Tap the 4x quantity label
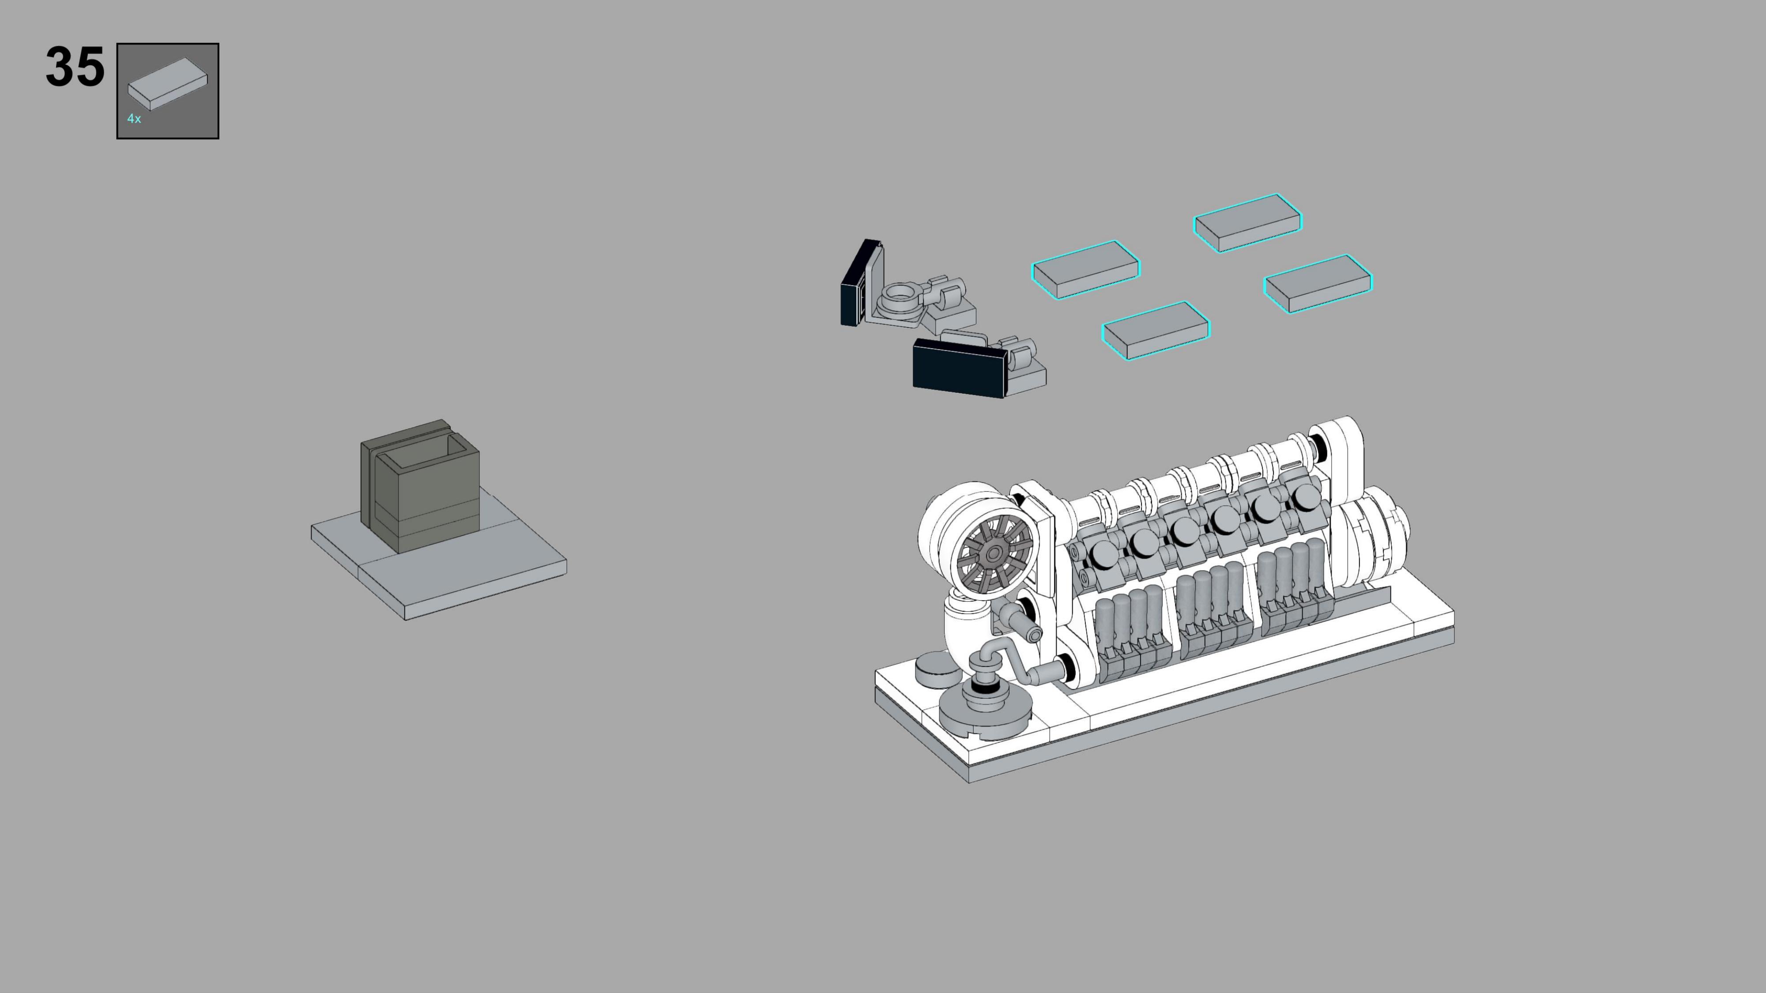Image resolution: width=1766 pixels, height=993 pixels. [134, 119]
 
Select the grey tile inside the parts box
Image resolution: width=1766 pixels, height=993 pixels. [167, 83]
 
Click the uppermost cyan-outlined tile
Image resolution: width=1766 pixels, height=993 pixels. [1247, 223]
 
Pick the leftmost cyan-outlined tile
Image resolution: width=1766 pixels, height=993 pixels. [1086, 269]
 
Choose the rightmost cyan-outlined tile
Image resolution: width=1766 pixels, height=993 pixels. [1318, 284]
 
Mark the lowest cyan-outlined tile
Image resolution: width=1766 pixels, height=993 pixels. [1156, 330]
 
